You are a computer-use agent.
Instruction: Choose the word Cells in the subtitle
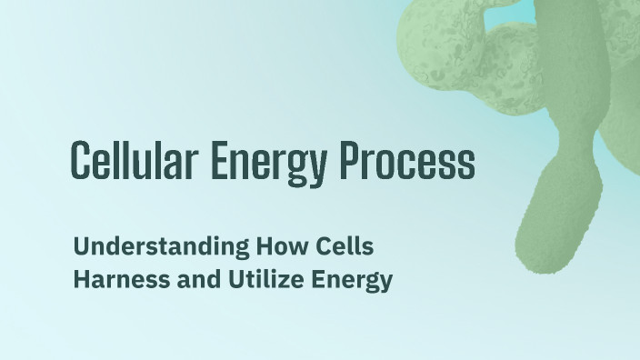tap(345, 246)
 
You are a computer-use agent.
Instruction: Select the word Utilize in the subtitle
tap(251, 279)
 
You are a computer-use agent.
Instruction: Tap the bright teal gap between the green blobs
tap(524, 15)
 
